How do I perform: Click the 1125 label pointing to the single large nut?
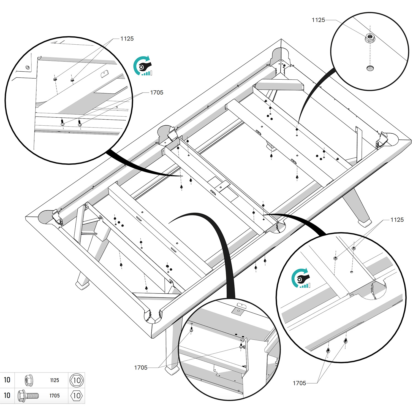(318, 20)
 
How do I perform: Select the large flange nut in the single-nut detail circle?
(370, 37)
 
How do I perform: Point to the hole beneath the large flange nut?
(370, 68)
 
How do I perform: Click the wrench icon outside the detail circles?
(143, 65)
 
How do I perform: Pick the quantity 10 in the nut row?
(7, 380)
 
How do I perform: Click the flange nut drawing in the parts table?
(28, 380)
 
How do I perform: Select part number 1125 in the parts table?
(55, 380)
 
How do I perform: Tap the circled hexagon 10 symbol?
(77, 380)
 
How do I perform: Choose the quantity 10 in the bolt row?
(7, 395)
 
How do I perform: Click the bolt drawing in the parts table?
(28, 396)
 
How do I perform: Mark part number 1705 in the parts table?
(55, 396)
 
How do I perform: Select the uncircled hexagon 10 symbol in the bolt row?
(77, 396)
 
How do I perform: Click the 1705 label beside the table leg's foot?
(141, 368)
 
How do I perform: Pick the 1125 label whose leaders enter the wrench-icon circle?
(397, 220)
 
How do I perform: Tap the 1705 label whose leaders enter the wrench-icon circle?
(299, 383)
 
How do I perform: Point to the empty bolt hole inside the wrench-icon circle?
(352, 272)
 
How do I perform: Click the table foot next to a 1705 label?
(172, 369)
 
